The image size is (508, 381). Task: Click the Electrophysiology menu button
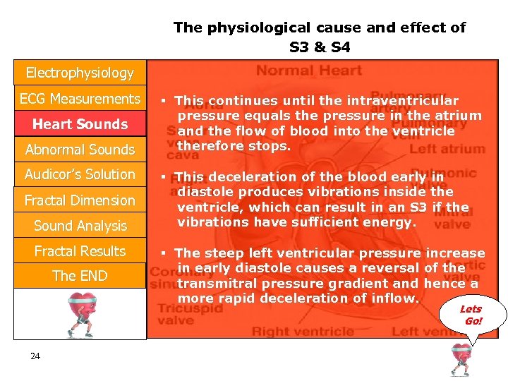(x=80, y=73)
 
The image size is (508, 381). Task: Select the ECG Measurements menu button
(x=80, y=99)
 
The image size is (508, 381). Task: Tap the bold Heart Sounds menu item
(x=80, y=124)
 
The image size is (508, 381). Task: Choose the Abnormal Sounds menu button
(x=80, y=150)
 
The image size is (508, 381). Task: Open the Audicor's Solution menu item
(x=80, y=174)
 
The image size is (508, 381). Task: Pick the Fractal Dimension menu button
(x=80, y=200)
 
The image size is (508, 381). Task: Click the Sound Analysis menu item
(x=80, y=226)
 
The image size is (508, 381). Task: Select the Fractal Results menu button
(x=80, y=251)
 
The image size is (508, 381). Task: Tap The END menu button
(x=80, y=276)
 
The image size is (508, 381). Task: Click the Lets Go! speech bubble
(x=471, y=315)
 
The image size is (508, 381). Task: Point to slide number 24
(x=35, y=356)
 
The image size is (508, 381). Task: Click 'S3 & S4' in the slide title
(x=320, y=48)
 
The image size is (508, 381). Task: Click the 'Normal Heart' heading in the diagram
(x=309, y=71)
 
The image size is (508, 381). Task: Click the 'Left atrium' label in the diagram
(x=447, y=149)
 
